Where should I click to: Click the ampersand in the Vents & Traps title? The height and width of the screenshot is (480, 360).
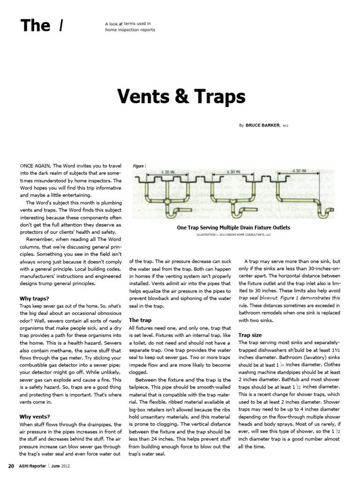coord(185,97)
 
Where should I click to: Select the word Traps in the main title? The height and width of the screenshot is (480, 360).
coord(220,97)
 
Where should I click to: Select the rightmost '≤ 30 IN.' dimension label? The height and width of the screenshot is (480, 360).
coord(299,171)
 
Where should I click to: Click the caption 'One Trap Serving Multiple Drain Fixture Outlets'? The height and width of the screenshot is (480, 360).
coord(233,228)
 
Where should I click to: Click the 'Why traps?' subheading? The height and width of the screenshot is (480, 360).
coord(35,298)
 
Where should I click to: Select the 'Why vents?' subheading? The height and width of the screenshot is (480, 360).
coord(35,416)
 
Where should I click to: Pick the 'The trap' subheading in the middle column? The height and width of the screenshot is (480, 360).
coord(140,320)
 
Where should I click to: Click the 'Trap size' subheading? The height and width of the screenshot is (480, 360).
coord(250,335)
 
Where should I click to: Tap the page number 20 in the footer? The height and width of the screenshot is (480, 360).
coord(11,466)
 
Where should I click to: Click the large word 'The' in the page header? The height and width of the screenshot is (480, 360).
coord(35,25)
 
